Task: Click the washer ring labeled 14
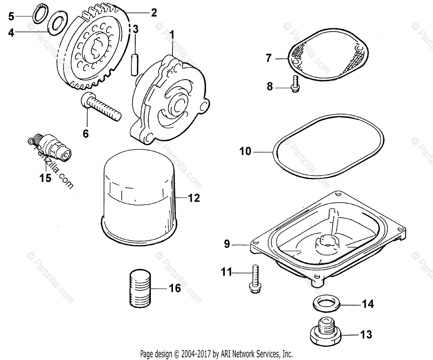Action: point(325,303)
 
